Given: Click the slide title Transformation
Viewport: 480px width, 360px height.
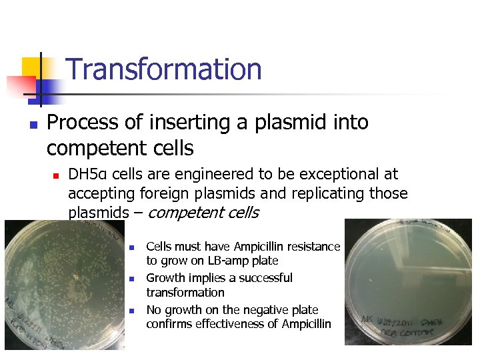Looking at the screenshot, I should [x=164, y=69].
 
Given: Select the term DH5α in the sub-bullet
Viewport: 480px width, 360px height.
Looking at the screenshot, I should [x=89, y=175].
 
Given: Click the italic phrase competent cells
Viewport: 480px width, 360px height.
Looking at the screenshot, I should [x=203, y=213].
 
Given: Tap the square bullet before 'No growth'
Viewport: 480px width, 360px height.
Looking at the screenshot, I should [x=132, y=311].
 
